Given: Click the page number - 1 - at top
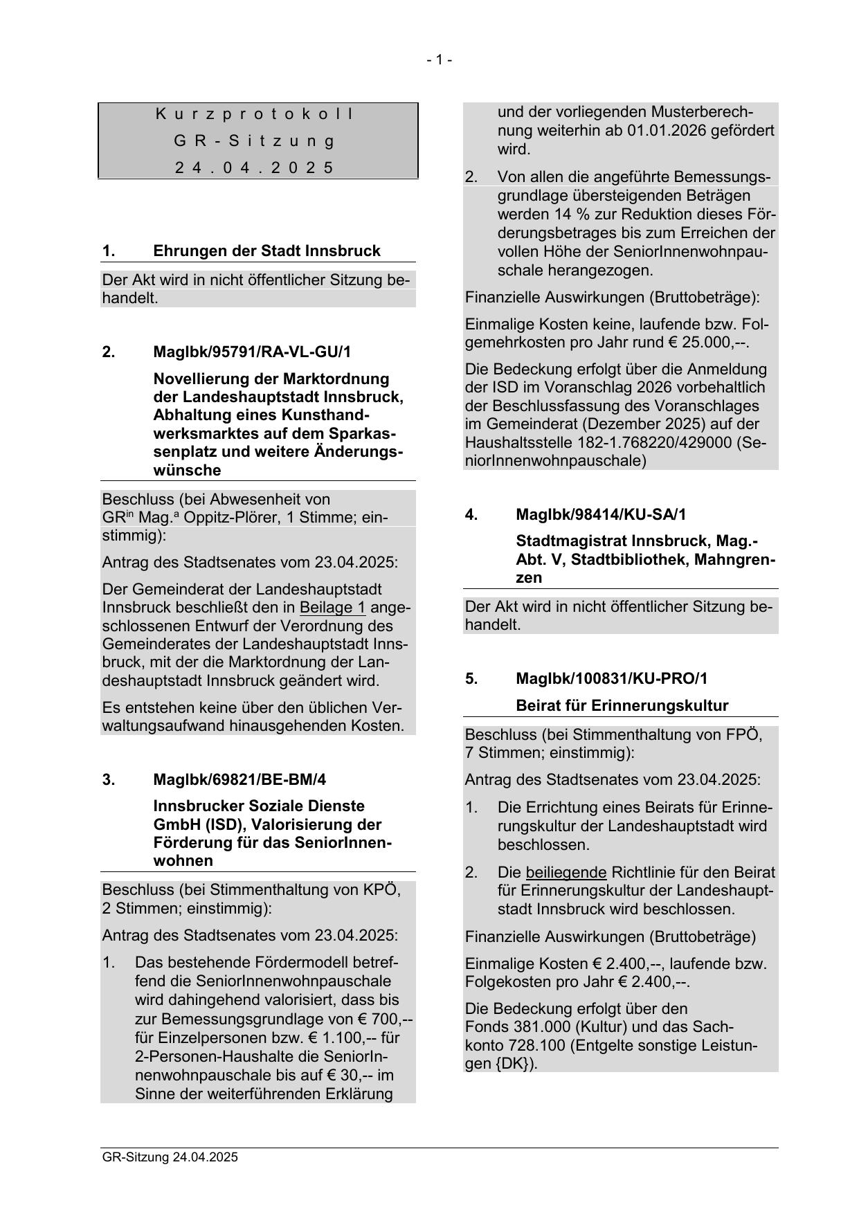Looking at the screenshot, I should (x=440, y=60).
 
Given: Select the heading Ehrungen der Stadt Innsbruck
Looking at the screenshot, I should (x=266, y=251).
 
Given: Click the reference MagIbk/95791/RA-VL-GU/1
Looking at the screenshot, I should (x=252, y=352).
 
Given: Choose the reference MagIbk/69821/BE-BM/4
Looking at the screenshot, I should (x=239, y=779).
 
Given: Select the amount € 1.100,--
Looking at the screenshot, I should (x=356, y=1038).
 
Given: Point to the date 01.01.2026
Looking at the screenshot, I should (x=666, y=131).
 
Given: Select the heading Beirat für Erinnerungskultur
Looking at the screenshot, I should (x=622, y=705).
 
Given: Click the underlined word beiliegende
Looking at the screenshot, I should (x=566, y=872).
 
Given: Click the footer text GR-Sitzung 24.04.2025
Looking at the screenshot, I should (x=170, y=1157).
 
